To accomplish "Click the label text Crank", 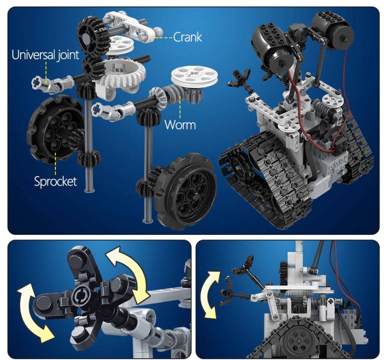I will coord(187,37).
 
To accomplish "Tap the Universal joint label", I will coord(45,55).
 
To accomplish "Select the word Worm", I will coord(180,125).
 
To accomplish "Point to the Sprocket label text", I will coord(55,181).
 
